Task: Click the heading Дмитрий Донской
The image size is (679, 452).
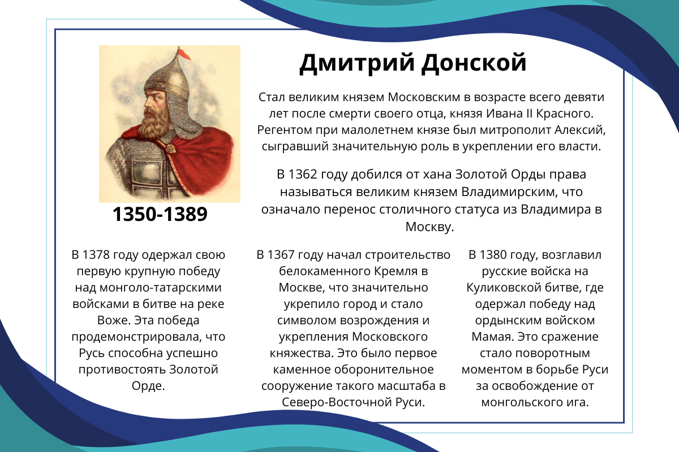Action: coord(413,63)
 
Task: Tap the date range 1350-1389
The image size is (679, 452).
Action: coord(160,214)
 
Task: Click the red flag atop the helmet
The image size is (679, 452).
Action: coord(184,54)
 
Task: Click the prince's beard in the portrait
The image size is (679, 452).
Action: coord(155,124)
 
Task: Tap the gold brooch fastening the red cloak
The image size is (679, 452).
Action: coord(169,149)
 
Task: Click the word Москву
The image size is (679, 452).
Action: coord(429,227)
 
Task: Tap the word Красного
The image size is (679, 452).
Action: coord(565,114)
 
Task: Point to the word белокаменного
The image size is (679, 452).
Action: coord(325,271)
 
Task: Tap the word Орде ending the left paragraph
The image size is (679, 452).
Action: coord(148,386)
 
